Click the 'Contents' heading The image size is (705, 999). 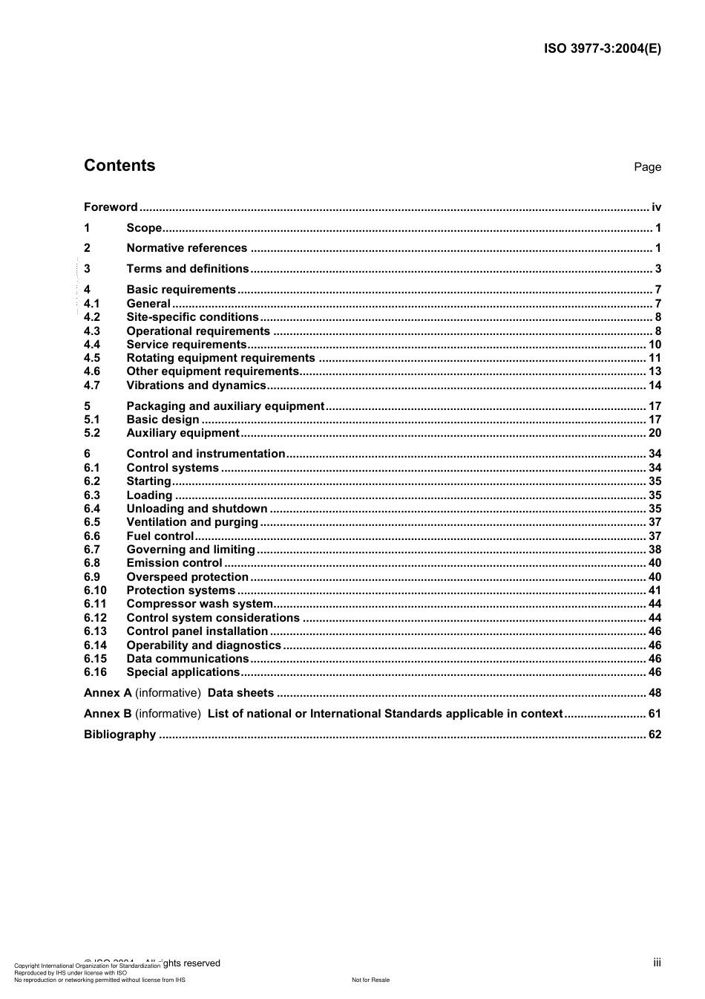pyautogui.click(x=119, y=166)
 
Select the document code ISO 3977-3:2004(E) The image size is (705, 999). pyautogui.click(x=602, y=49)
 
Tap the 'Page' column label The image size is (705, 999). pyautogui.click(x=647, y=167)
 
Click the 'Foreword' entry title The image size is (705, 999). pyautogui.click(x=111, y=207)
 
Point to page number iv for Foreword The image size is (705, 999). pyautogui.click(x=656, y=207)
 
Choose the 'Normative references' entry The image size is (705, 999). pyautogui.click(x=186, y=248)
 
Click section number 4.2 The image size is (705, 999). pyautogui.click(x=92, y=317)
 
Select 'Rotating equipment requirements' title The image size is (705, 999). pyautogui.click(x=220, y=358)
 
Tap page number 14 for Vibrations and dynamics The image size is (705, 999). pyautogui.click(x=655, y=385)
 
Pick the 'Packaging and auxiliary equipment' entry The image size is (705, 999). pyautogui.click(x=226, y=406)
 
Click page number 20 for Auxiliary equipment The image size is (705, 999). pyautogui.click(x=655, y=433)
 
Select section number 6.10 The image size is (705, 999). pyautogui.click(x=95, y=590)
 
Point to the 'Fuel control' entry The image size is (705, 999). pyautogui.click(x=160, y=536)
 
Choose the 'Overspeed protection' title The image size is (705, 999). pyautogui.click(x=187, y=577)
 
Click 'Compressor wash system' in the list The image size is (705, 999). pyautogui.click(x=199, y=604)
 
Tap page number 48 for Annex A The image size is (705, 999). pyautogui.click(x=655, y=693)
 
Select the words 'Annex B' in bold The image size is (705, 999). pyautogui.click(x=108, y=714)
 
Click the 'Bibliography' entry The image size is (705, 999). pyautogui.click(x=119, y=735)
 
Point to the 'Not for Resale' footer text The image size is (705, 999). pyautogui.click(x=370, y=980)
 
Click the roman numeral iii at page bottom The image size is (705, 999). pyautogui.click(x=657, y=963)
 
